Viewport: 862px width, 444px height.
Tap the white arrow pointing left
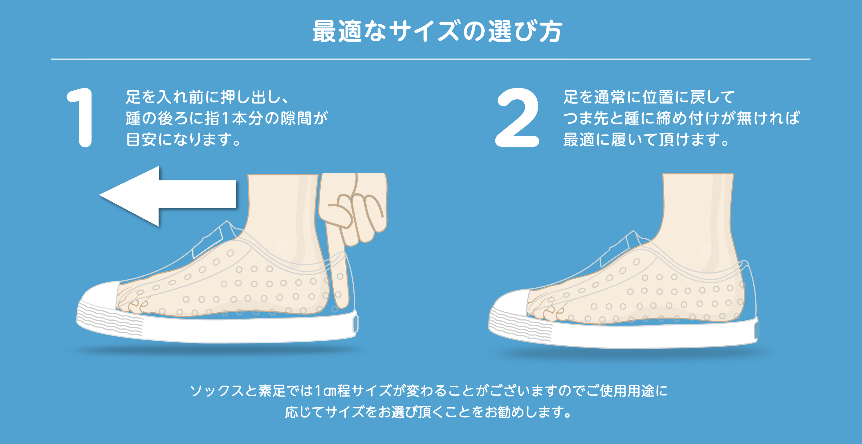[167, 196]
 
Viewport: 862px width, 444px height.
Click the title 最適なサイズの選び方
[437, 31]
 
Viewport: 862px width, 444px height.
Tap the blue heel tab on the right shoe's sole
[757, 330]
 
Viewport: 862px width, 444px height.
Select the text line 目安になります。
[184, 139]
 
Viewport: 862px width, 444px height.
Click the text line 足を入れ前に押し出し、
[207, 97]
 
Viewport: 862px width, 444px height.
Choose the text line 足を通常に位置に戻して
[649, 97]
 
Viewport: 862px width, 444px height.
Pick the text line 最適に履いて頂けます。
[646, 139]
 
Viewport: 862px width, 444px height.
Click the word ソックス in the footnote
[217, 391]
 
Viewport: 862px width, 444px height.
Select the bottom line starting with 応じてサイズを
[429, 412]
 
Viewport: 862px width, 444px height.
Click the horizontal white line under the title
[431, 59]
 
